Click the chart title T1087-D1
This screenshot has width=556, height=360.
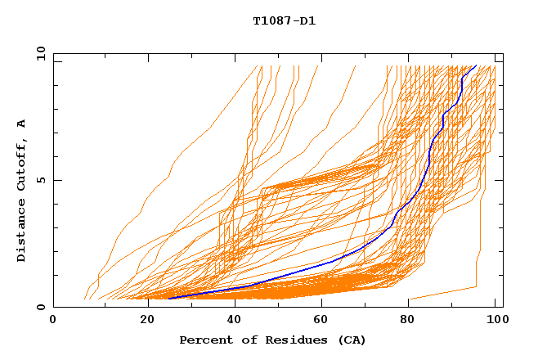coord(284,20)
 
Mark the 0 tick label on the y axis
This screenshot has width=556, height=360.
coord(39,307)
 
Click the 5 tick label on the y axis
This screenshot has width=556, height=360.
coord(39,180)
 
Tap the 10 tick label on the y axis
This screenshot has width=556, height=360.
coord(39,53)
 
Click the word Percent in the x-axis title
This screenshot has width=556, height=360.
coord(202,340)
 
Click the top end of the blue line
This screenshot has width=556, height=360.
coord(476,65)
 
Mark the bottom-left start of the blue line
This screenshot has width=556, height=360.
coord(168,299)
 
